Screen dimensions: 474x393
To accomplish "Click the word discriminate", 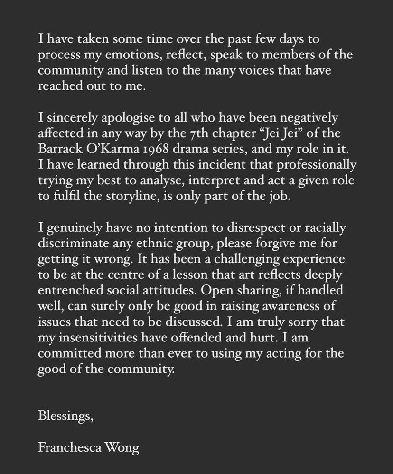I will point(75,243).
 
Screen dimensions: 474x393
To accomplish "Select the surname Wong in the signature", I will point(125,447).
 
